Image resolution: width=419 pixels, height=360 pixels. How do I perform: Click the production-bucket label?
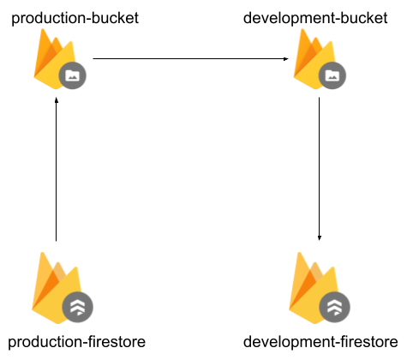click(75, 19)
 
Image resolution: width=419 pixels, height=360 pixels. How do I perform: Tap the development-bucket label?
click(315, 19)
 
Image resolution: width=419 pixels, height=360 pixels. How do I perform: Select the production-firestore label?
click(76, 342)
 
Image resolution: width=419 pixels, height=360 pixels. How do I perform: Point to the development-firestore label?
click(320, 342)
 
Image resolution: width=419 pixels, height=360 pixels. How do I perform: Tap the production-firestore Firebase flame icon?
click(57, 289)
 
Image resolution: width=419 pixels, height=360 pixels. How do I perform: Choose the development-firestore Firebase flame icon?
click(314, 289)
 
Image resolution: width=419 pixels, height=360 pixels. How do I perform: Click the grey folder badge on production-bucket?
click(72, 75)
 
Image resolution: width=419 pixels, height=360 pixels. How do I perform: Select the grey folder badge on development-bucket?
click(332, 75)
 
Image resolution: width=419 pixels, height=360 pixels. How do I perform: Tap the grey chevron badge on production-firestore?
click(78, 307)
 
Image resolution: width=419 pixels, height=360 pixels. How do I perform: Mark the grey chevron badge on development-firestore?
click(334, 307)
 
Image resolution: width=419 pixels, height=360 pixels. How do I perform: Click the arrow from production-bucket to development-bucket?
click(191, 59)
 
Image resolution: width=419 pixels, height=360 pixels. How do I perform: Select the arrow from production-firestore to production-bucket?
click(57, 170)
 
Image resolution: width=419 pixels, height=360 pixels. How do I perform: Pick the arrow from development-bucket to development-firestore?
click(320, 169)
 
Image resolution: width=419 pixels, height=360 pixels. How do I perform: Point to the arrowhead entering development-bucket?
click(286, 59)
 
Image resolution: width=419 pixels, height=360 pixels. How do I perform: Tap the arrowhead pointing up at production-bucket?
click(57, 100)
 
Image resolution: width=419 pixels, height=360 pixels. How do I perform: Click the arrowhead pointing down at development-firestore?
click(320, 238)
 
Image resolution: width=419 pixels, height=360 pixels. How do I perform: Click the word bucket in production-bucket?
click(115, 18)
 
